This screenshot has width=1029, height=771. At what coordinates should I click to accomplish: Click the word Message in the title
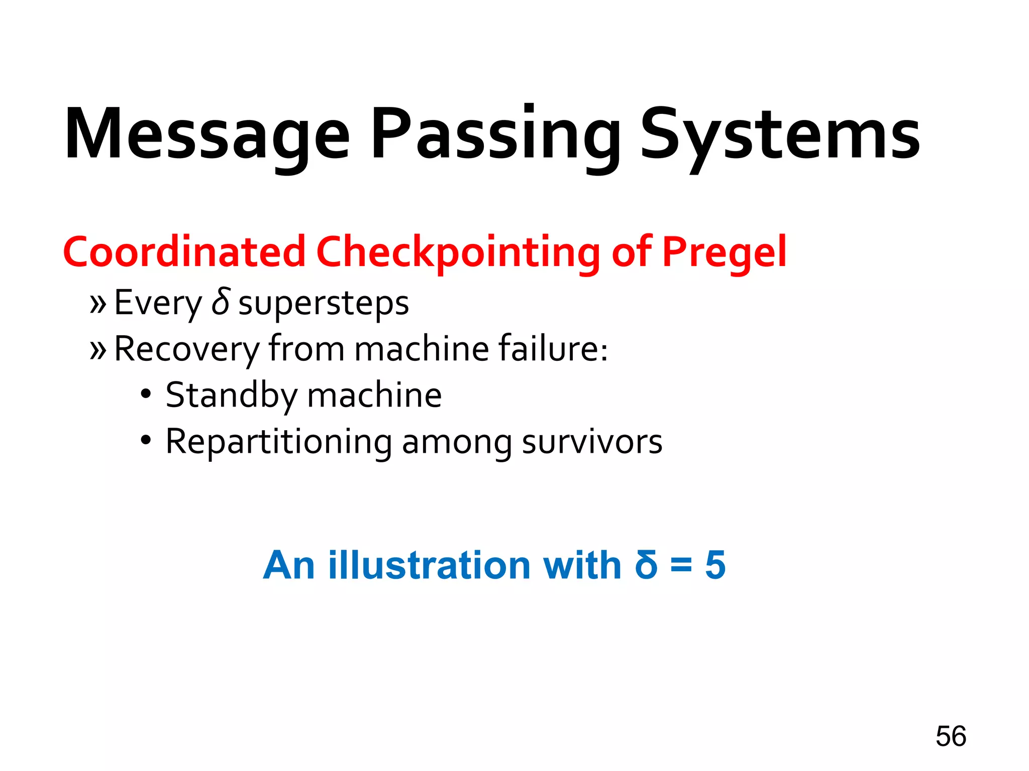[207, 135]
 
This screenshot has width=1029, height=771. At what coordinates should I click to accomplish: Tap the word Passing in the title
[494, 135]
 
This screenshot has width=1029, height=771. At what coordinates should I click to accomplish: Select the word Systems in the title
[780, 135]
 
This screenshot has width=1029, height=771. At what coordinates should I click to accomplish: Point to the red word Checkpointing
[458, 252]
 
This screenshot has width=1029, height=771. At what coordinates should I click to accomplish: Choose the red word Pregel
[724, 252]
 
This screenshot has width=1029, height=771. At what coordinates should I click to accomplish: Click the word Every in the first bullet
[158, 303]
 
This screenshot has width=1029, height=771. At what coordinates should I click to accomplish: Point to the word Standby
[232, 396]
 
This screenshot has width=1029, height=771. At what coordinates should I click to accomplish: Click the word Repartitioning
[279, 442]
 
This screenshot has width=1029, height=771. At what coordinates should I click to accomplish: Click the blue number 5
[715, 565]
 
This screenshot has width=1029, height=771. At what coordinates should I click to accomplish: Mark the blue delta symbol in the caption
[646, 565]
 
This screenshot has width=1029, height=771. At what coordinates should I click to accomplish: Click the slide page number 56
[951, 736]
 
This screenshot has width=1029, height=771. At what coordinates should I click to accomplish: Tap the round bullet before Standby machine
[146, 394]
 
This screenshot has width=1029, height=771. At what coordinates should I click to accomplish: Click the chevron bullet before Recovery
[98, 350]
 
